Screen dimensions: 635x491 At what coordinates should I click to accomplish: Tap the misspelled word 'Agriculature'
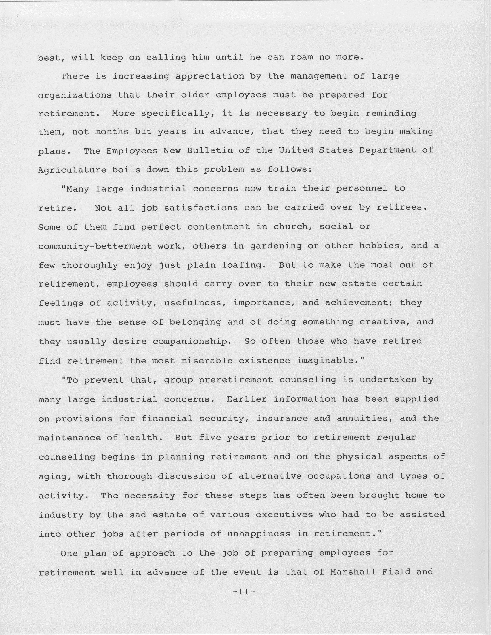(x=72, y=170)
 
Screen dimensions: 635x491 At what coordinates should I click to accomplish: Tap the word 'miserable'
(x=207, y=361)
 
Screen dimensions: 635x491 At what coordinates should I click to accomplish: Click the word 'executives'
(x=284, y=515)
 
